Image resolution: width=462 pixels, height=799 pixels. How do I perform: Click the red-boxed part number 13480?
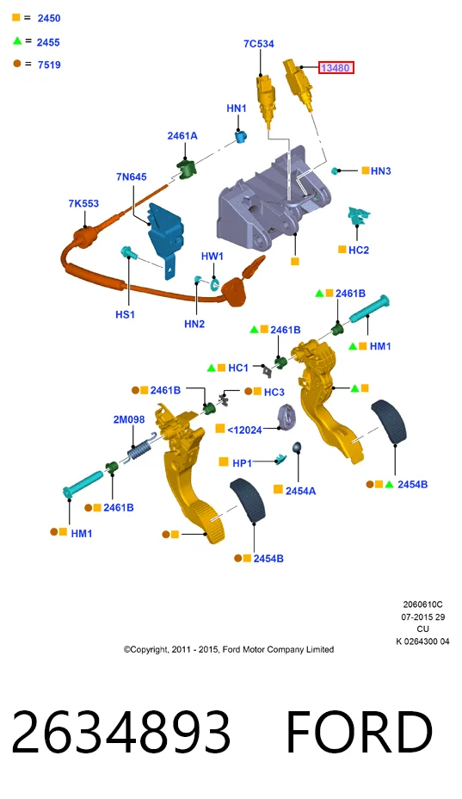pyautogui.click(x=336, y=68)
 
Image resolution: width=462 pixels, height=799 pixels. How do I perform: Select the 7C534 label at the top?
pyautogui.click(x=259, y=44)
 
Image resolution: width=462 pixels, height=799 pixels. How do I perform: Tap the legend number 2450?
pyautogui.click(x=49, y=18)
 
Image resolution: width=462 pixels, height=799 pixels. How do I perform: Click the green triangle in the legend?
pyautogui.click(x=17, y=40)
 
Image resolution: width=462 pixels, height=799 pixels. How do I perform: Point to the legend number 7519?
pyautogui.click(x=49, y=65)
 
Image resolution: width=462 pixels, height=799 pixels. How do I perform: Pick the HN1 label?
pyautogui.click(x=237, y=108)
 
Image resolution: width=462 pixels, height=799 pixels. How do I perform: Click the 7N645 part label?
pyautogui.click(x=132, y=177)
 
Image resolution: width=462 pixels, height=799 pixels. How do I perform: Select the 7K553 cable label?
pyautogui.click(x=83, y=203)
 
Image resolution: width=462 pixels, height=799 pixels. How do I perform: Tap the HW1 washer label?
pyautogui.click(x=212, y=257)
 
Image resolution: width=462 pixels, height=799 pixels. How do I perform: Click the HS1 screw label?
pyautogui.click(x=125, y=314)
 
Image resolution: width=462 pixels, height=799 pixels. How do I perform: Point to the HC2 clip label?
pyautogui.click(x=359, y=251)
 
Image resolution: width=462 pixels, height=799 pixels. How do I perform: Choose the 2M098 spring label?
pyautogui.click(x=129, y=419)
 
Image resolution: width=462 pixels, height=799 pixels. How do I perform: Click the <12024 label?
pyautogui.click(x=244, y=430)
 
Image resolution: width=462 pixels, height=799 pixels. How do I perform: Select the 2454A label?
pyautogui.click(x=300, y=491)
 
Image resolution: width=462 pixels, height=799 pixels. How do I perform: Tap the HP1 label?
pyautogui.click(x=242, y=462)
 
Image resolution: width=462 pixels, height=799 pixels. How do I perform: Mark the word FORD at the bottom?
pyautogui.click(x=359, y=732)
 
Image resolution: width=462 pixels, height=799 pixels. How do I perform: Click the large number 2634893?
pyautogui.click(x=121, y=732)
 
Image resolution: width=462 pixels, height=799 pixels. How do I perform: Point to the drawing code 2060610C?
pyautogui.click(x=422, y=605)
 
